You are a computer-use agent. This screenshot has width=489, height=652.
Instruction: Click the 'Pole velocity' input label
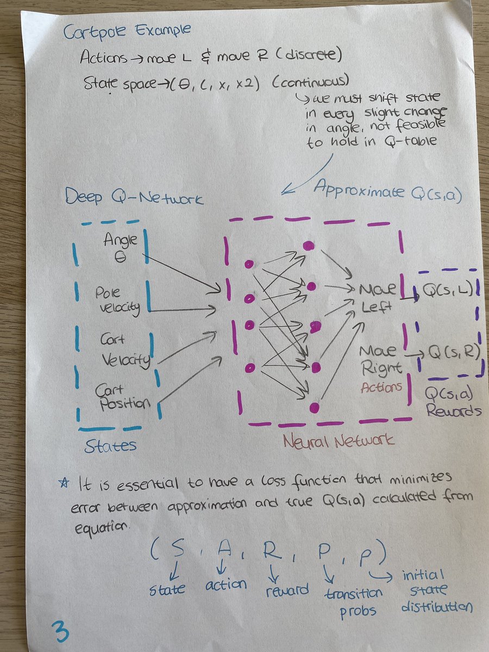click(x=115, y=301)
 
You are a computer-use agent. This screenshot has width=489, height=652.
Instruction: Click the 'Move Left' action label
click(x=377, y=297)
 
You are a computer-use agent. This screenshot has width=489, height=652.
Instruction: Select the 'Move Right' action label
click(x=381, y=360)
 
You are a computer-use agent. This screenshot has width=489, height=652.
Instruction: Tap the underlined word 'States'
click(x=110, y=446)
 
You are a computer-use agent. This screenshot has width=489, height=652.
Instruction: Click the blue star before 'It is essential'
click(x=65, y=482)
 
